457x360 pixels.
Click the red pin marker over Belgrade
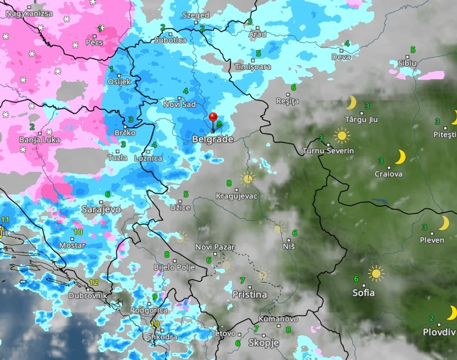click(213, 117)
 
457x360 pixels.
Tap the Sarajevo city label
click(101, 209)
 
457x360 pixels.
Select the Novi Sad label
click(179, 104)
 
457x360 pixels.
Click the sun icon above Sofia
click(377, 273)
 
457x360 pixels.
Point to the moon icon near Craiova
click(400, 157)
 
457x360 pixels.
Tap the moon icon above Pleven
click(444, 223)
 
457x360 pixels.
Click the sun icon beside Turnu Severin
click(342, 136)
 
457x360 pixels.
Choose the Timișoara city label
click(252, 67)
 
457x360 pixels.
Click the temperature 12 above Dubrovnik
click(94, 283)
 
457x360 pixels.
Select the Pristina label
click(249, 295)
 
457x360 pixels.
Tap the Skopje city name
click(263, 343)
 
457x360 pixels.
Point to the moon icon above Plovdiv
click(451, 313)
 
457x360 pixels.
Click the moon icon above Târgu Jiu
click(351, 103)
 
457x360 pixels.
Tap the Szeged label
click(196, 15)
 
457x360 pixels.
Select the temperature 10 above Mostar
click(78, 232)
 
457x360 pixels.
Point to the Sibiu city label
click(407, 63)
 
